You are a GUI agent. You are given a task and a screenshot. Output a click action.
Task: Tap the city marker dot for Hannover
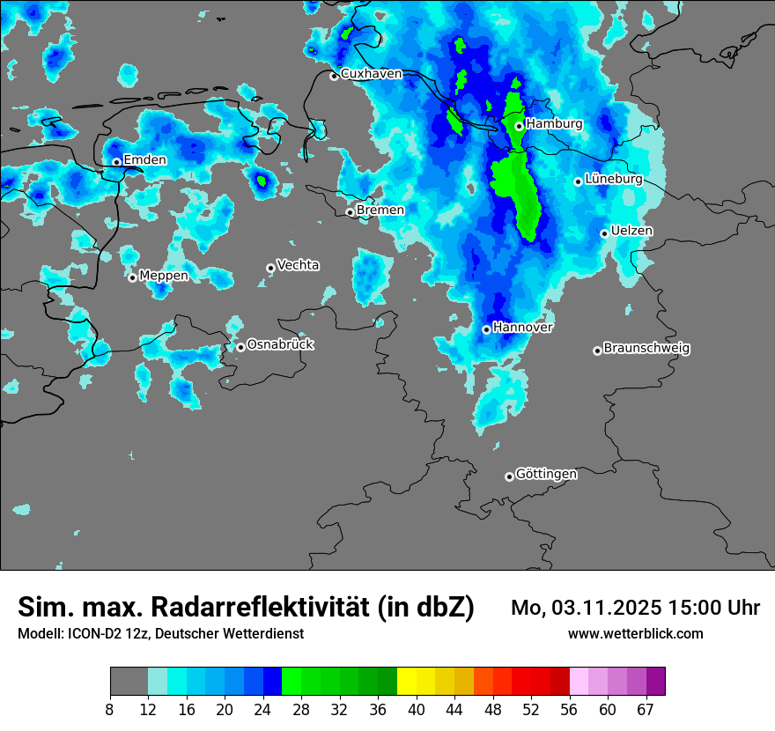pyautogui.click(x=486, y=329)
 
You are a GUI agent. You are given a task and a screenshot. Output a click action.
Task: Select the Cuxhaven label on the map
pyautogui.click(x=371, y=74)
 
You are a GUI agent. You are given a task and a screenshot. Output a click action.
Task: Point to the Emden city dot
pyautogui.click(x=116, y=162)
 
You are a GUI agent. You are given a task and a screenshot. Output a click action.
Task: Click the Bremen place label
pyautogui.click(x=380, y=210)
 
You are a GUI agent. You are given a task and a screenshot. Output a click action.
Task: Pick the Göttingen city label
pyautogui.click(x=546, y=475)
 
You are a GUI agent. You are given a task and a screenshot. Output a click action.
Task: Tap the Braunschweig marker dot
pyautogui.click(x=597, y=351)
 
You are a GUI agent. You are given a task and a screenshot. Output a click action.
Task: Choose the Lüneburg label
pyautogui.click(x=613, y=179)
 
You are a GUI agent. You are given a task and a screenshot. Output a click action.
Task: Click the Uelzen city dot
pyautogui.click(x=604, y=233)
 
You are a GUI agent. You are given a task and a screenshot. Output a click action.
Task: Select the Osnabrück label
pyautogui.click(x=280, y=345)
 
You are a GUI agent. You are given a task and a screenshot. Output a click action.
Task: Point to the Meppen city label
pyautogui.click(x=164, y=276)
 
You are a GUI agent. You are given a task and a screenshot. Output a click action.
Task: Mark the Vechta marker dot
pyautogui.click(x=270, y=268)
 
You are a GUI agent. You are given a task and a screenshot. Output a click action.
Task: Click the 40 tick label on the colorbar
pyautogui.click(x=417, y=710)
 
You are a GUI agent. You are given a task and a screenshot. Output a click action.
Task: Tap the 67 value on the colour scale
pyautogui.click(x=646, y=710)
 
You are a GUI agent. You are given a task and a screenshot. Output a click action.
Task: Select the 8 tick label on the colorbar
pyautogui.click(x=110, y=710)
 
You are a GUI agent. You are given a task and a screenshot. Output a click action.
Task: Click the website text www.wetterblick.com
pyautogui.click(x=636, y=633)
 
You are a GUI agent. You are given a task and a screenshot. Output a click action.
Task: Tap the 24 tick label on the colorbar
pyautogui.click(x=262, y=710)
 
